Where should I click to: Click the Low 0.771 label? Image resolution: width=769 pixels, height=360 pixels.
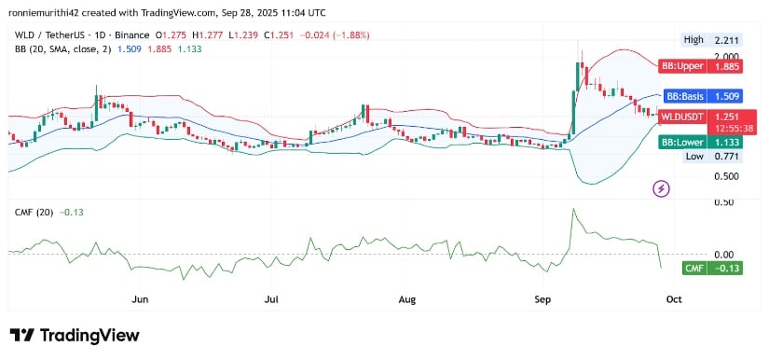[x=707, y=157]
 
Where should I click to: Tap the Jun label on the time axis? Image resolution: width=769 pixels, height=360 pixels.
[x=141, y=300]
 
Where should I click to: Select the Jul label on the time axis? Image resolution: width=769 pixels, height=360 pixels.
[x=272, y=300]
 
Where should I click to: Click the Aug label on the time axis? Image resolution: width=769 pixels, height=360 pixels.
[x=407, y=300]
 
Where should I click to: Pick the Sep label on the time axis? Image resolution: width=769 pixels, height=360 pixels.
[x=543, y=300]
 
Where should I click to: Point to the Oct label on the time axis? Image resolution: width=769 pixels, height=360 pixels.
[x=675, y=300]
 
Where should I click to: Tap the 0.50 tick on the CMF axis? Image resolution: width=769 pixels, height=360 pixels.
[x=697, y=201]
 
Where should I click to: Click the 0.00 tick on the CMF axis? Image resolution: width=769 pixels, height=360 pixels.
[x=697, y=254]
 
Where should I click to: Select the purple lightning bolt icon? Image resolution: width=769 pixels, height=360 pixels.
[x=662, y=189]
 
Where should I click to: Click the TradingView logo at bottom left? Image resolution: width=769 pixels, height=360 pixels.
[x=75, y=335]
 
